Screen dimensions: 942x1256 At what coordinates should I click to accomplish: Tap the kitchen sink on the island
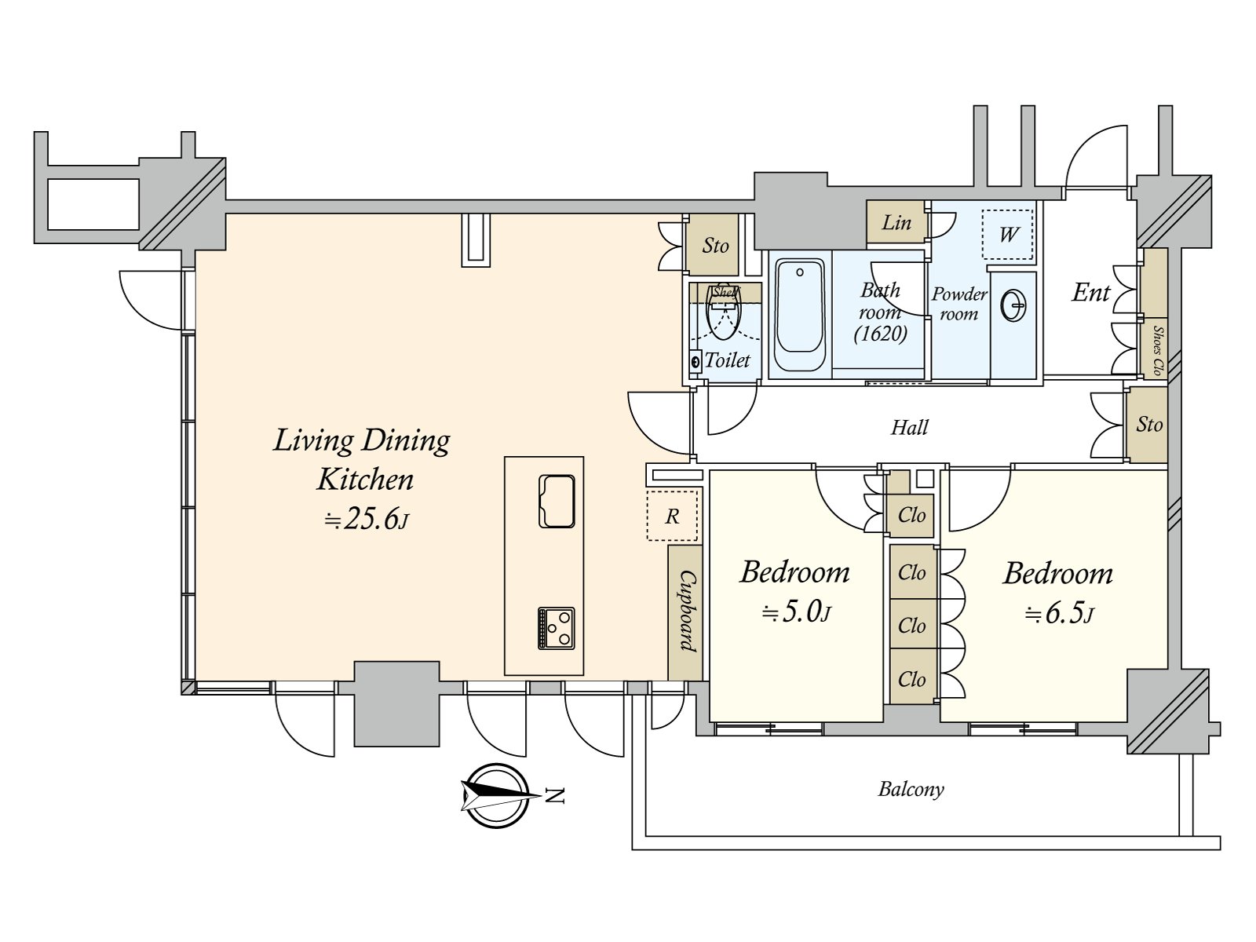pos(557,501)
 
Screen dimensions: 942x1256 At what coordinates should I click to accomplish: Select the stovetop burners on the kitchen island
pos(557,628)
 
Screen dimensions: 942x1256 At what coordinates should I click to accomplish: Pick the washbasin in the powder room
pos(1013,306)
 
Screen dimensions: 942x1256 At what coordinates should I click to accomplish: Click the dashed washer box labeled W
pos(1008,234)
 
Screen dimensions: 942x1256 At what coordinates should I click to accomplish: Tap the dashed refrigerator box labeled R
pos(672,516)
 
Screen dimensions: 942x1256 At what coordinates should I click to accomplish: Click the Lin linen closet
pos(896,223)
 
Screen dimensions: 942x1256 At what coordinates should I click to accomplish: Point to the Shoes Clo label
pos(1156,349)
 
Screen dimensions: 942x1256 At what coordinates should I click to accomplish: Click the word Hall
pos(909,428)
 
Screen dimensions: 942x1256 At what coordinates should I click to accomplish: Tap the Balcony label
pos(911,789)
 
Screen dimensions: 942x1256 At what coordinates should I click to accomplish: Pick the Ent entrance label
pos(1091,293)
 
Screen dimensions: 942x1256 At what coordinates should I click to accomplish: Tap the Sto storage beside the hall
pos(1148,425)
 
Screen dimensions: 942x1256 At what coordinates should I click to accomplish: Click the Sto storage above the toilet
pos(714,246)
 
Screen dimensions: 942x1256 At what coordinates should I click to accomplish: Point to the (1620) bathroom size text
pos(881,334)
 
